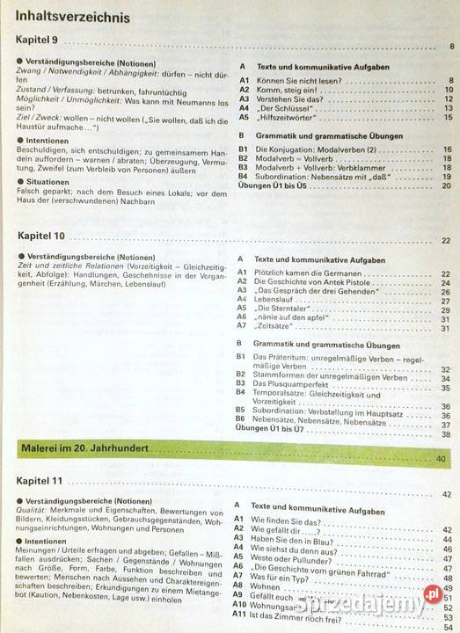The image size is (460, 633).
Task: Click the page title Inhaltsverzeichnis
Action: pos(70,17)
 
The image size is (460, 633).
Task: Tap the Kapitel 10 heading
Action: pos(43,236)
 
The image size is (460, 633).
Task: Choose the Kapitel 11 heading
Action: pos(43,482)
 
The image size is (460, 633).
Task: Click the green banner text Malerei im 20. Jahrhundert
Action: pos(84,448)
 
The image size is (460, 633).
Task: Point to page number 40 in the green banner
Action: pos(441,458)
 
